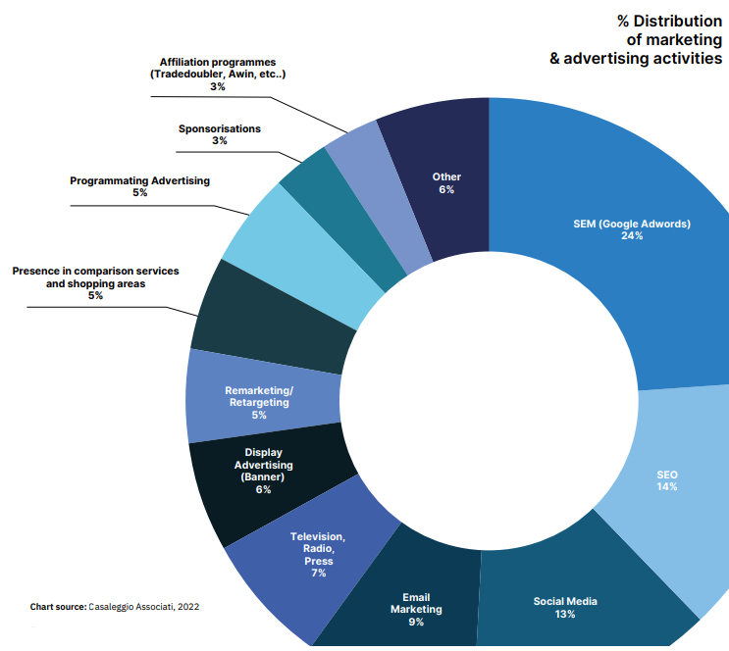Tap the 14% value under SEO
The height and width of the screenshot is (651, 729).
tap(667, 487)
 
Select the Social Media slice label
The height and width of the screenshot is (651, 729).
tap(565, 601)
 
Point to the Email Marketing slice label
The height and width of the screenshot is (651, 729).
tap(416, 603)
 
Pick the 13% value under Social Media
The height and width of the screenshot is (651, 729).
tap(564, 615)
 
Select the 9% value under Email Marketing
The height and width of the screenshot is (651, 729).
tap(416, 622)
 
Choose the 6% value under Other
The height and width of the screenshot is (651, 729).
tap(446, 190)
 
